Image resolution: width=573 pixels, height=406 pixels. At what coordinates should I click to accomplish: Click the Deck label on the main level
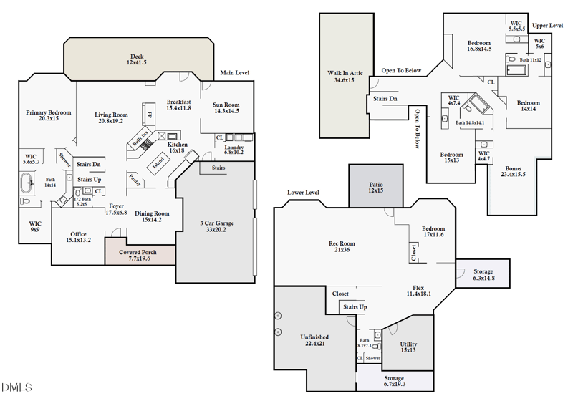pyautogui.click(x=138, y=59)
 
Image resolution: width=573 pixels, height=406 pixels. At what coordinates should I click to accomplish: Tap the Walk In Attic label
pyautogui.click(x=345, y=76)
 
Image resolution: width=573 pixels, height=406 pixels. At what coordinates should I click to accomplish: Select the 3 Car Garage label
pyautogui.click(x=216, y=226)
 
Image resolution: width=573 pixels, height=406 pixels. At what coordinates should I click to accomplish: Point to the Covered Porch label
pyautogui.click(x=140, y=255)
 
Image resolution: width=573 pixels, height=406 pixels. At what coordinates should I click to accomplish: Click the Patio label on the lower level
pyautogui.click(x=376, y=188)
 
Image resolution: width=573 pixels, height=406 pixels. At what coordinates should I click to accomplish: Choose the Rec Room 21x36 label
pyautogui.click(x=341, y=247)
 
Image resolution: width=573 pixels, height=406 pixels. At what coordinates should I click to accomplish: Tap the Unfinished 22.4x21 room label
pyautogui.click(x=314, y=339)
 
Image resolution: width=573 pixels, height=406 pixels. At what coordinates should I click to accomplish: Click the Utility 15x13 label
pyautogui.click(x=408, y=347)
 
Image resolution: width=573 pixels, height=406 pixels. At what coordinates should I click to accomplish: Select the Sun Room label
pyautogui.click(x=226, y=107)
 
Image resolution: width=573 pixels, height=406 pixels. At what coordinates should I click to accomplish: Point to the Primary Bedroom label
pyautogui.click(x=48, y=115)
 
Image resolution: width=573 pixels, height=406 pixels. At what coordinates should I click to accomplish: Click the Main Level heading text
pyautogui.click(x=235, y=73)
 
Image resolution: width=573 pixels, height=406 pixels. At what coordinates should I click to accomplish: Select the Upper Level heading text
pyautogui.click(x=548, y=25)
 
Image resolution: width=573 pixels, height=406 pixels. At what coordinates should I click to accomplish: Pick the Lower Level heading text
pyautogui.click(x=303, y=193)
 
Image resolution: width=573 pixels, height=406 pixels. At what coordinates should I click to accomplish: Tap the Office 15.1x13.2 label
pyautogui.click(x=79, y=237)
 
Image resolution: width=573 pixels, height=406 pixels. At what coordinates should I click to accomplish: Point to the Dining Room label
pyautogui.click(x=152, y=216)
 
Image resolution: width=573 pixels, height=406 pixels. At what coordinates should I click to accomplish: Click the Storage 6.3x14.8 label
pyautogui.click(x=483, y=275)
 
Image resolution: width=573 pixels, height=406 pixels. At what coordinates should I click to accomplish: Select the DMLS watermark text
pyautogui.click(x=16, y=387)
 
